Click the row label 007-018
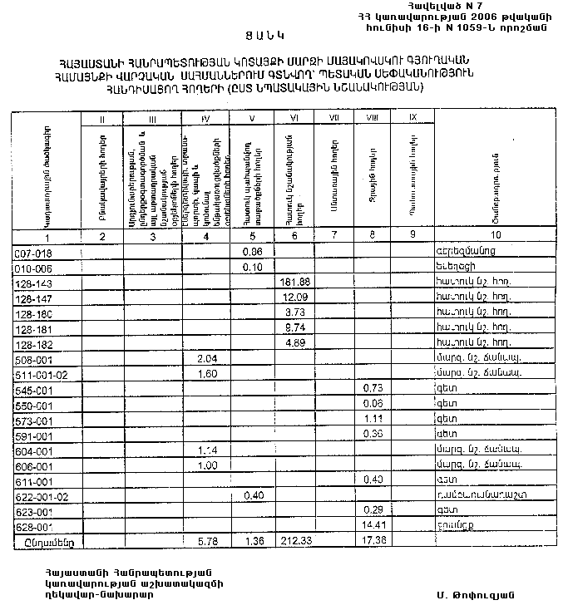click(34, 252)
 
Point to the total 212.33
click(297, 540)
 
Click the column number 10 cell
click(495, 236)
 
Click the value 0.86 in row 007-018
click(252, 252)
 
